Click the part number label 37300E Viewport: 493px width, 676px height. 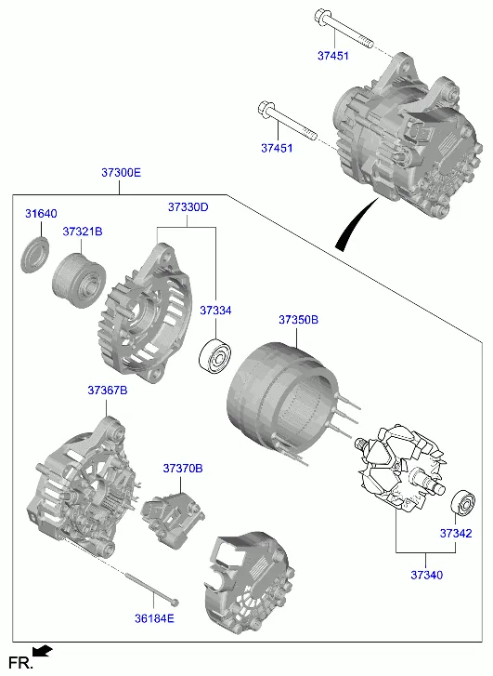121,173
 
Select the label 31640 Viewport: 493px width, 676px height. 41,214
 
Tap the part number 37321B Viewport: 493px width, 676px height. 83,232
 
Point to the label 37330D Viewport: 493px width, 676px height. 188,207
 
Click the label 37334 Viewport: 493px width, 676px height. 215,311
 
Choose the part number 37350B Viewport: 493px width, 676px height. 298,320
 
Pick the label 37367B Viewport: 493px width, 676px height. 108,391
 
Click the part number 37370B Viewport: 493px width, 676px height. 183,469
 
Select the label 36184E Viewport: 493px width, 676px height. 154,618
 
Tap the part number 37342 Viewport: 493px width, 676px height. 456,534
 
